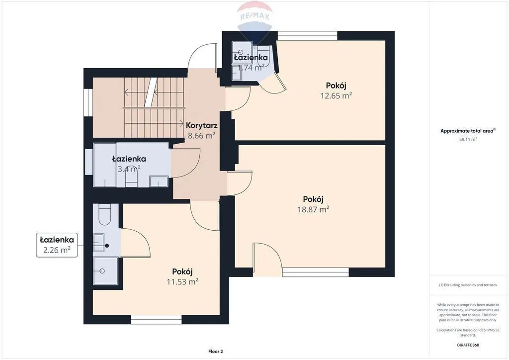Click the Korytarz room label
(x=202, y=125)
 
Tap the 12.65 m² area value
(x=336, y=95)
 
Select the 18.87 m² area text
(x=313, y=209)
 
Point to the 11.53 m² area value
(x=182, y=281)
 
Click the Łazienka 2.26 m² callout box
(x=57, y=245)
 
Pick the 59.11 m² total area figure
(x=468, y=139)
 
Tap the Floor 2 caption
(x=216, y=351)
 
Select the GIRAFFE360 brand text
(x=468, y=345)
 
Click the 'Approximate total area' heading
(x=468, y=131)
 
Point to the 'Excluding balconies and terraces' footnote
(x=468, y=285)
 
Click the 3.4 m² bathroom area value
(x=129, y=169)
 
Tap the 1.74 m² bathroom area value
(x=251, y=68)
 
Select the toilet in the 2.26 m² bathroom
(x=105, y=215)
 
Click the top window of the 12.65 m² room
(x=307, y=36)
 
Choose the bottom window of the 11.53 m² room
(x=156, y=319)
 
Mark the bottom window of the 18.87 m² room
(x=316, y=272)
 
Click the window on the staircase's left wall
(x=88, y=102)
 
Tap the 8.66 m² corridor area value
(x=202, y=136)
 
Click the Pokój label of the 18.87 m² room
(x=313, y=199)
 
